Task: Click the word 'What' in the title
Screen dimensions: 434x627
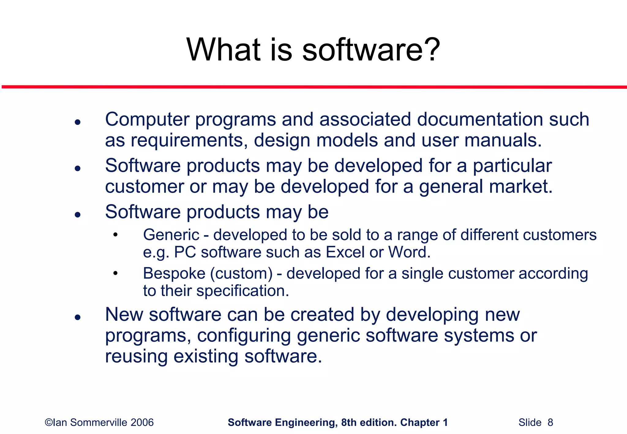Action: [223, 50]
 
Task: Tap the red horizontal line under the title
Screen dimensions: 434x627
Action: [313, 87]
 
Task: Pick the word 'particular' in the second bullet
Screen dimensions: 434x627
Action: [512, 166]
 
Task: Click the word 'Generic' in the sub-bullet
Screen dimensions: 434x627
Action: [171, 235]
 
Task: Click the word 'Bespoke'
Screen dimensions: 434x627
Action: [174, 273]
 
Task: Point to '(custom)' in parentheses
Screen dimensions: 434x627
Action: [241, 274]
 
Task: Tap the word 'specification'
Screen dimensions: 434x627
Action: [242, 291]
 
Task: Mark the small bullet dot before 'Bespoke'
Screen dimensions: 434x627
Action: [115, 273]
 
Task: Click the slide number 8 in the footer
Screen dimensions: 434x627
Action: [550, 423]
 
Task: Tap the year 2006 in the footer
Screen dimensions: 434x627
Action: [142, 423]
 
